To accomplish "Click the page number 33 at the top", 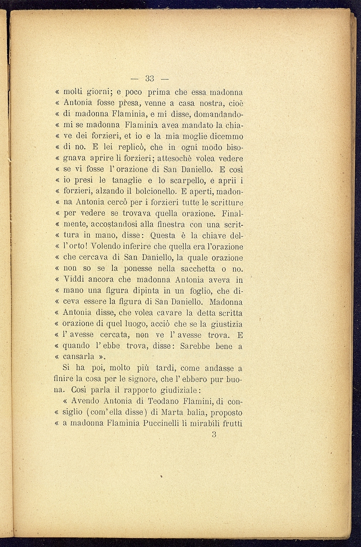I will pyautogui.click(x=149, y=79).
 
